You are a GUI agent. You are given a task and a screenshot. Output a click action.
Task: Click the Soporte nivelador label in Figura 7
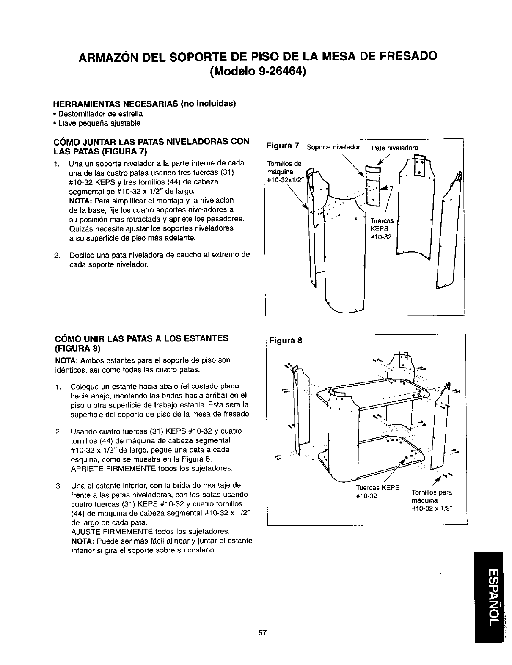click(x=333, y=148)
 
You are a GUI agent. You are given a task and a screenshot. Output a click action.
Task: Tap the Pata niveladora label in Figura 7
click(x=394, y=148)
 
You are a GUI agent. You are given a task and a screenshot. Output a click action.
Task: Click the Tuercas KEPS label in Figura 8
click(x=378, y=492)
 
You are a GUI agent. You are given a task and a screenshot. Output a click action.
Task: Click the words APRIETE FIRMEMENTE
click(x=109, y=468)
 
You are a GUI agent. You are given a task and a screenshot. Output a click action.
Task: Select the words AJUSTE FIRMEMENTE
click(x=107, y=531)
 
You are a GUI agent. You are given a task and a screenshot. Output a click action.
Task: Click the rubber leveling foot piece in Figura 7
click(x=373, y=170)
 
